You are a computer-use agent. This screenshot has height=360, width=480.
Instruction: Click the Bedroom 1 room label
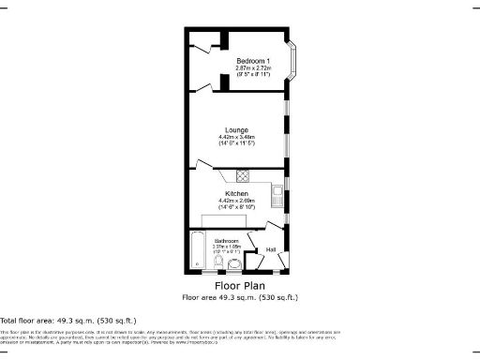coord(252,61)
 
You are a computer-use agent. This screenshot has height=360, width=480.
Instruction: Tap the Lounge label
coord(235,129)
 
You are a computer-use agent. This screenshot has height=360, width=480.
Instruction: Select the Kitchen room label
coord(235,193)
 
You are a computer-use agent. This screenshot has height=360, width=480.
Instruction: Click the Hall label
coord(270,249)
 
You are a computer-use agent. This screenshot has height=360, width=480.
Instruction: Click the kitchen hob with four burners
coord(242,174)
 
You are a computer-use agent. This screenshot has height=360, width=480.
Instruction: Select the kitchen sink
coord(277,195)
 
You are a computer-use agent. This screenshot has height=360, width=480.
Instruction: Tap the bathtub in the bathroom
coord(198,251)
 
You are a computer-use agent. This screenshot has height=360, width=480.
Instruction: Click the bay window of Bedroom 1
coord(299,64)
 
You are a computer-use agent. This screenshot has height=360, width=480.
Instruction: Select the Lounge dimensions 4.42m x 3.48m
coord(235,138)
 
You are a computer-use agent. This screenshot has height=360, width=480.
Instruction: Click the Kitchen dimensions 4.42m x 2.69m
coord(235,201)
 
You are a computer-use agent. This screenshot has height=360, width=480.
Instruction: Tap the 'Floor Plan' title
coord(240,285)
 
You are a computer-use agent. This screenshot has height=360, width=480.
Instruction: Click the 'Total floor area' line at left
coord(47,321)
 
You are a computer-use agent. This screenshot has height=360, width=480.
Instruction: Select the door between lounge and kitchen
coord(203,166)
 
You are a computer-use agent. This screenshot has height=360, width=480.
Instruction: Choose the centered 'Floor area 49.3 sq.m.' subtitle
coord(240,297)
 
